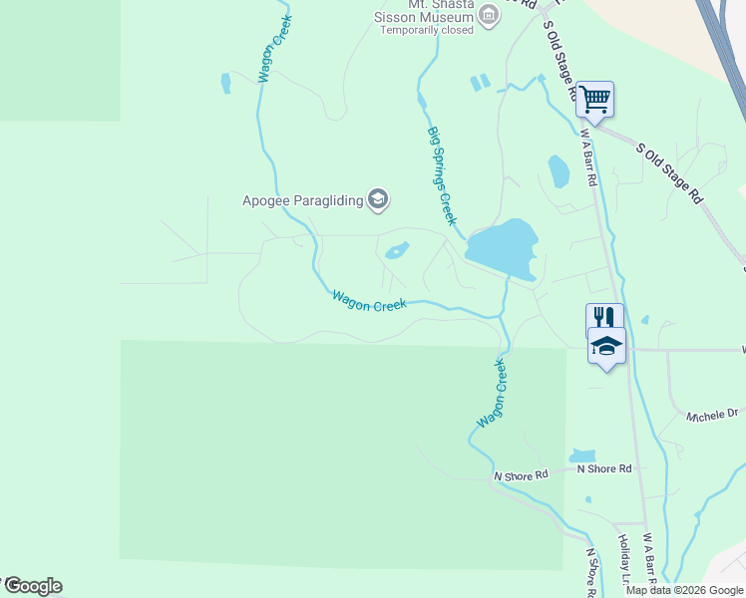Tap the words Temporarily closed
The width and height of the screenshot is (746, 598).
[428, 31]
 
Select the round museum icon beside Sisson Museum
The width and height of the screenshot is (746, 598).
[489, 14]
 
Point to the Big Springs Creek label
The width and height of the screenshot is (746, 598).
[442, 175]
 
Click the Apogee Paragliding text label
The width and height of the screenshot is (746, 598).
[302, 201]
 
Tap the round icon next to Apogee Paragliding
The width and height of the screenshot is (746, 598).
[377, 200]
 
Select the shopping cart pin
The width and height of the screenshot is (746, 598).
[594, 99]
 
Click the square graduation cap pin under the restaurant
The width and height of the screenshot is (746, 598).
[606, 346]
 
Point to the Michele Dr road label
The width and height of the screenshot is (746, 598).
[712, 414]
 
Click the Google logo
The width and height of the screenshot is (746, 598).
[32, 586]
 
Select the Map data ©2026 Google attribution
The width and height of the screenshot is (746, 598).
[685, 590]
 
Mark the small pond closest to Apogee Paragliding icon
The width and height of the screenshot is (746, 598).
[396, 250]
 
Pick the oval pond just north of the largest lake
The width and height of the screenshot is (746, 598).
[559, 171]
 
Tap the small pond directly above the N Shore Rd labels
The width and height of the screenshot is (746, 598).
[582, 455]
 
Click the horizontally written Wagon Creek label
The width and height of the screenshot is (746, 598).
[369, 301]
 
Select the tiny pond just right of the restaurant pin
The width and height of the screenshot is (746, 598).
[645, 320]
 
